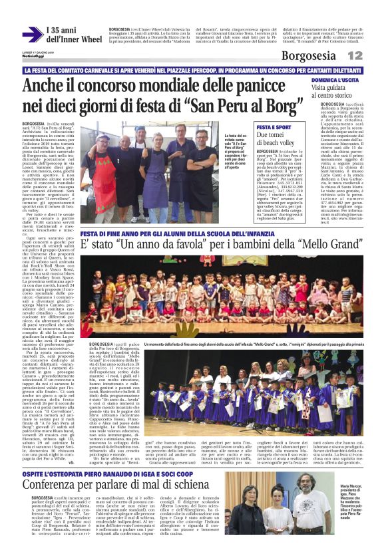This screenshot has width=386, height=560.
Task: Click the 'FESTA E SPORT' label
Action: click(x=274, y=126)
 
